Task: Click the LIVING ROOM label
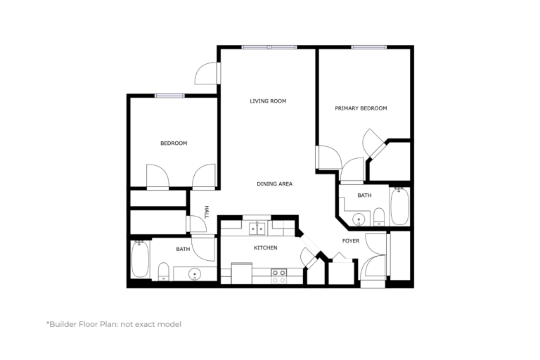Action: pyautogui.click(x=268, y=101)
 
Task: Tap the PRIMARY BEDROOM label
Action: pyautogui.click(x=361, y=108)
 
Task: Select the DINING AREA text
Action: pyautogui.click(x=274, y=184)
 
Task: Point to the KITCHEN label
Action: pyautogui.click(x=266, y=247)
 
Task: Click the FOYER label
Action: pyautogui.click(x=351, y=240)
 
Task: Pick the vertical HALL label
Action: pyautogui.click(x=207, y=212)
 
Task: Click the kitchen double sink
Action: pyautogui.click(x=257, y=229)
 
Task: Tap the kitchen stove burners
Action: pyautogui.click(x=278, y=276)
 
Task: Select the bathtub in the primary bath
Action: pyautogui.click(x=400, y=206)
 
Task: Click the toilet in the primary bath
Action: pyautogui.click(x=379, y=217)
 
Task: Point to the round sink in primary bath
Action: pyautogui.click(x=359, y=219)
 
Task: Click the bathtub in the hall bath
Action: pyautogui.click(x=141, y=259)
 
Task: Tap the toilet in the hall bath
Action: pyautogui.click(x=164, y=272)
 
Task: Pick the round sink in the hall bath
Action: pyautogui.click(x=195, y=274)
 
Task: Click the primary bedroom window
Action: pyautogui.click(x=369, y=47)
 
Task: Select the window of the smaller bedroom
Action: pyautogui.click(x=169, y=96)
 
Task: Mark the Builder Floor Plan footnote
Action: pyautogui.click(x=114, y=324)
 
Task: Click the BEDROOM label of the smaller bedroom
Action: pyautogui.click(x=174, y=143)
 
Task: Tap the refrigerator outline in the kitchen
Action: pyautogui.click(x=241, y=274)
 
